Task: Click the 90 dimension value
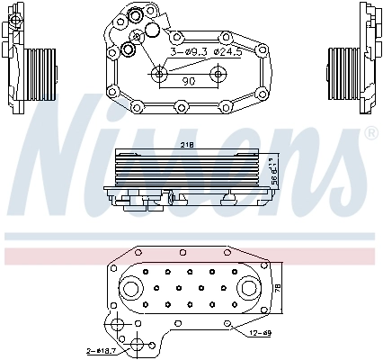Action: pyautogui.click(x=189, y=82)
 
